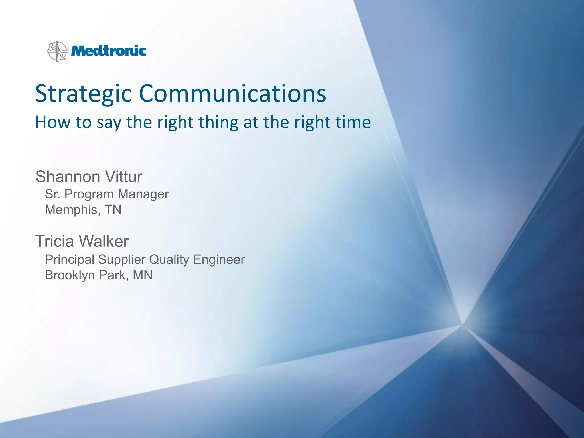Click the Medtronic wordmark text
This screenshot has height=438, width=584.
108,51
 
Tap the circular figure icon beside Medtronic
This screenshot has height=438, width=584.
57,51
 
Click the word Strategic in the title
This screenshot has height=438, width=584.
84,94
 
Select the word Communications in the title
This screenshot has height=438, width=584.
232,93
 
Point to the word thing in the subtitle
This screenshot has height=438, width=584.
218,123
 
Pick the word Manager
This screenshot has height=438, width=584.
143,194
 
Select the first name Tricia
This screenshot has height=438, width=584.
54,241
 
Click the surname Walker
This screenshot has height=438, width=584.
104,241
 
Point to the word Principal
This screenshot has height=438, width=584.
70,260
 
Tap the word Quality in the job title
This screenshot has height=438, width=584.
169,260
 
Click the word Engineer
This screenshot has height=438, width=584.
219,260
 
